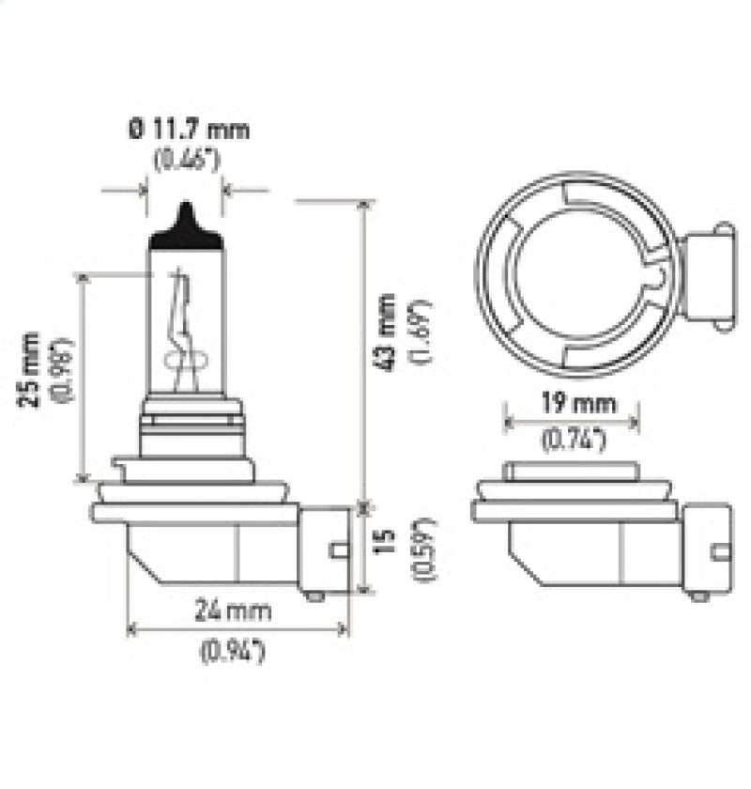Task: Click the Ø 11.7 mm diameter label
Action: (x=189, y=129)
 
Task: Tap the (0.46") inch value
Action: (x=187, y=159)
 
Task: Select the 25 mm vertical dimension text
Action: (x=31, y=369)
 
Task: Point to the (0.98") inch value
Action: (x=63, y=369)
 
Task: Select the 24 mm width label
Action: (x=235, y=611)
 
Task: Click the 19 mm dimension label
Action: (x=572, y=405)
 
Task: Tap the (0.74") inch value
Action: (x=572, y=437)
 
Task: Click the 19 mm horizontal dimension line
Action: (x=572, y=421)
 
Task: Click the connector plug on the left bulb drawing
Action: (x=324, y=549)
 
